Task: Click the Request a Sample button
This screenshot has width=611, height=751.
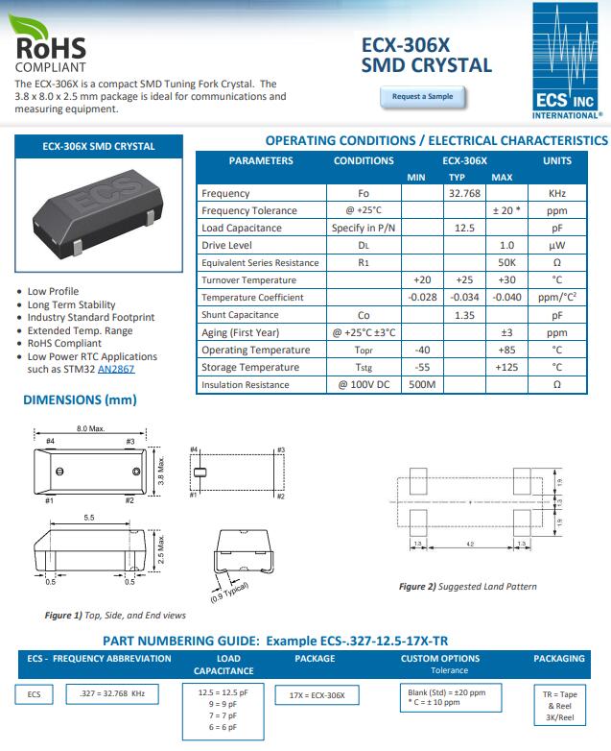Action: (422, 97)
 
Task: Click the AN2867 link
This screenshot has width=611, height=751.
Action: (116, 369)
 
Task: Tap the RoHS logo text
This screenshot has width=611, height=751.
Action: (50, 47)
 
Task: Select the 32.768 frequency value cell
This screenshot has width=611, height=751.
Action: (464, 193)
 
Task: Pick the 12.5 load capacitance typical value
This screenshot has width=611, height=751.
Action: (464, 228)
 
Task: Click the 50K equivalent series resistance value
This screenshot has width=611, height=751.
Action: (507, 263)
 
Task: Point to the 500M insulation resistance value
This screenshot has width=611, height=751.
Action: (422, 385)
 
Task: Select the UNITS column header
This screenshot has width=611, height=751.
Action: (556, 160)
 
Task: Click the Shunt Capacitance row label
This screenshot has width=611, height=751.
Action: (240, 315)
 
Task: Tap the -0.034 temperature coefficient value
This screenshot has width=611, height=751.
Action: (464, 298)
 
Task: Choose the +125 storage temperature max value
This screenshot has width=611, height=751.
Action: (507, 368)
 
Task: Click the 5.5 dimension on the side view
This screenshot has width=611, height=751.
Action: (88, 518)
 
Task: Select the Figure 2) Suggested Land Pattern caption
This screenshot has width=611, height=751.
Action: (467, 586)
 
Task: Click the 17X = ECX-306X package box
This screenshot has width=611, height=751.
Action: (317, 694)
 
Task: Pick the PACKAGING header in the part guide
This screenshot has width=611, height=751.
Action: (558, 659)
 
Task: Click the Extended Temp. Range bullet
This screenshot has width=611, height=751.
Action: (80, 329)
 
